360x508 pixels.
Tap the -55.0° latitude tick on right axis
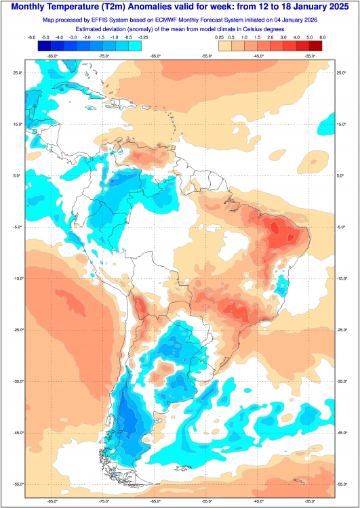pos(343,484)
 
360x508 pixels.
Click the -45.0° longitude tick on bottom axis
pos(258,501)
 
